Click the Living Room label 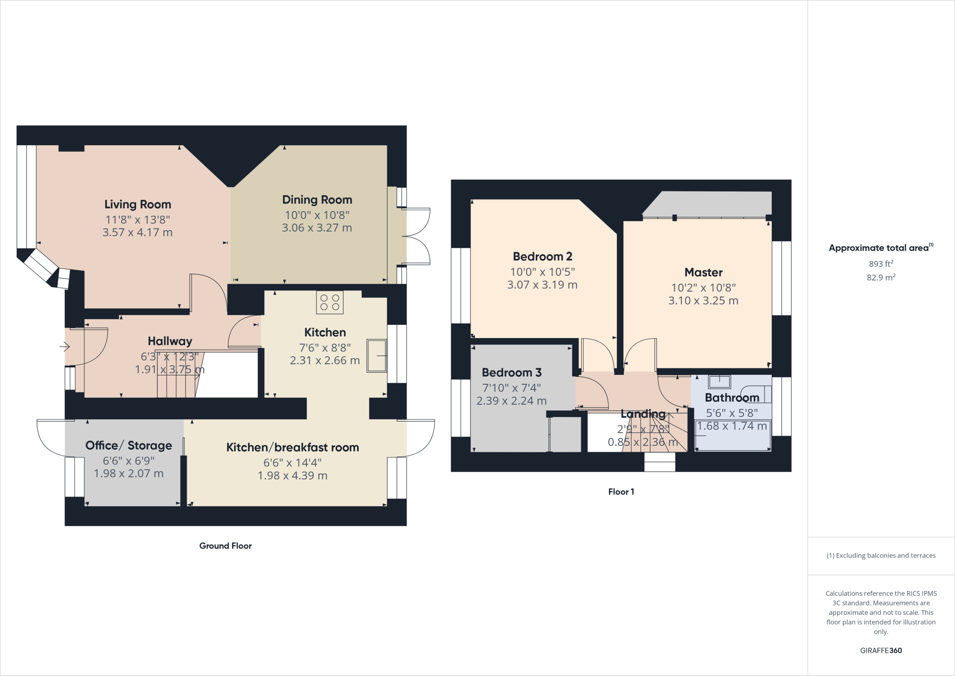[x=138, y=204]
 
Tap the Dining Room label [x=317, y=200]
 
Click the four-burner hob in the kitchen [x=330, y=302]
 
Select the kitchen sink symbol [x=377, y=355]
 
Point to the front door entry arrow [x=65, y=347]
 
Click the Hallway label [x=170, y=341]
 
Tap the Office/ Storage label [x=129, y=445]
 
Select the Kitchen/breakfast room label [x=292, y=447]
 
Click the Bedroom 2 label [x=542, y=256]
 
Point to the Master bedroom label [x=703, y=272]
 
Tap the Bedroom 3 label [x=512, y=373]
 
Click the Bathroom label [x=732, y=398]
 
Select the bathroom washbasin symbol [x=720, y=382]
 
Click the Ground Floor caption [x=225, y=546]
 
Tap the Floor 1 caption [x=621, y=492]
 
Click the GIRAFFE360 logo [x=881, y=650]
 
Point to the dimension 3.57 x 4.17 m [x=138, y=232]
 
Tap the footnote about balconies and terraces [x=881, y=556]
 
